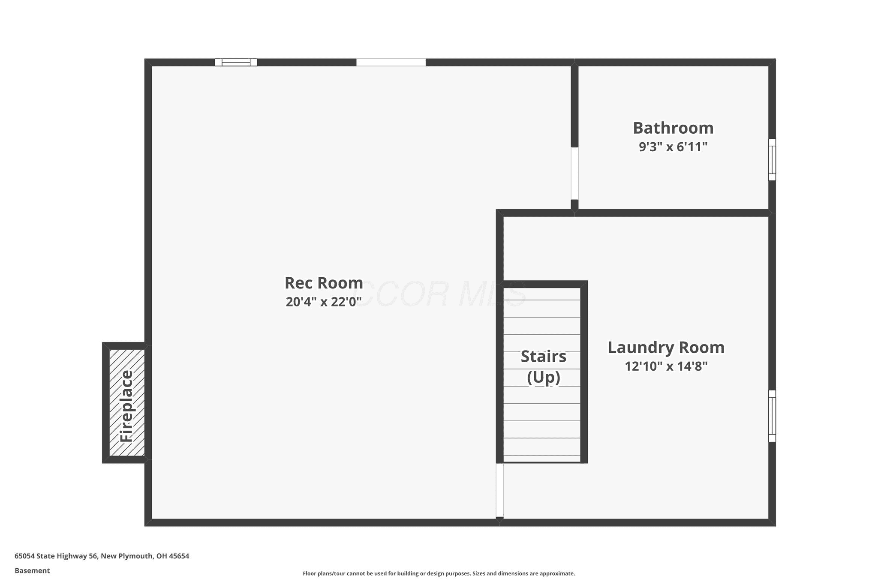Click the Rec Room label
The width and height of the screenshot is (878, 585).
click(x=324, y=283)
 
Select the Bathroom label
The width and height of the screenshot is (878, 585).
click(x=673, y=128)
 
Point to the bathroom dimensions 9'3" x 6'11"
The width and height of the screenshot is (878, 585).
click(x=673, y=147)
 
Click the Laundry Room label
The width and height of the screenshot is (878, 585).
click(x=666, y=348)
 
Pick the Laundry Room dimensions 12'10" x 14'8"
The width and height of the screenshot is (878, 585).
click(x=666, y=366)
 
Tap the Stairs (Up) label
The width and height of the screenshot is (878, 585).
click(x=544, y=367)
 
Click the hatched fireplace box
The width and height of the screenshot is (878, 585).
click(x=127, y=403)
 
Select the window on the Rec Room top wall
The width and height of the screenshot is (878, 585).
click(x=236, y=62)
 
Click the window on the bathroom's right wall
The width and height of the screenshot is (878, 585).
click(x=772, y=159)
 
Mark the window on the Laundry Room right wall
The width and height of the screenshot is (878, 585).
click(x=772, y=416)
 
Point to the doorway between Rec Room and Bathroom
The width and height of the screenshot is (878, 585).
click(x=574, y=173)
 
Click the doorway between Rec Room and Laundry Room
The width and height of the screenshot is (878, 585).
click(x=499, y=490)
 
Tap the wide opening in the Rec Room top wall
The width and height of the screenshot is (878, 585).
click(x=391, y=62)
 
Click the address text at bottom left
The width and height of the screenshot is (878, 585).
click(x=102, y=556)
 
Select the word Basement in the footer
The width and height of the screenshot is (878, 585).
click(x=32, y=570)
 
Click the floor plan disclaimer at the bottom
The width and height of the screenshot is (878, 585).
click(x=439, y=573)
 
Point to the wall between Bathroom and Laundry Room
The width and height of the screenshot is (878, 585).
click(x=673, y=213)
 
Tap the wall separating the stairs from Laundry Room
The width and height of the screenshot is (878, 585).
click(x=584, y=372)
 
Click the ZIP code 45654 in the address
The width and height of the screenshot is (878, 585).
click(x=179, y=556)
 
